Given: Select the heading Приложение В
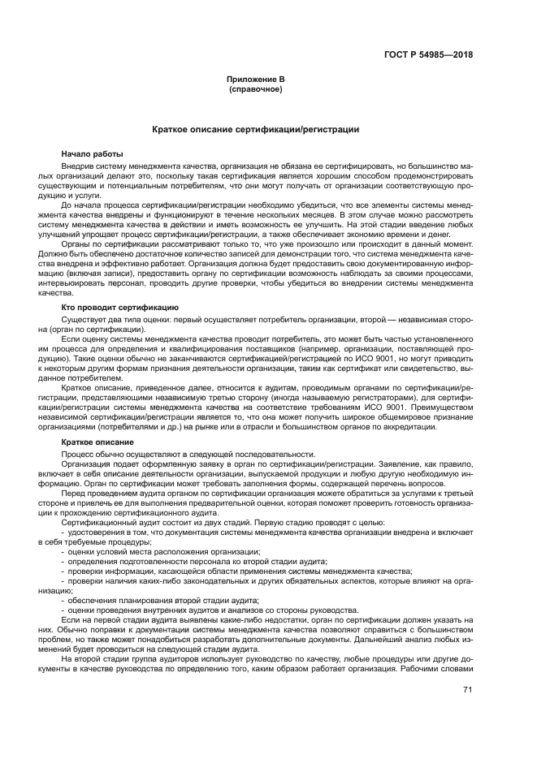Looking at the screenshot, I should point(256,80).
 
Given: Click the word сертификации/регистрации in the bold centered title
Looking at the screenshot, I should point(313,130).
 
